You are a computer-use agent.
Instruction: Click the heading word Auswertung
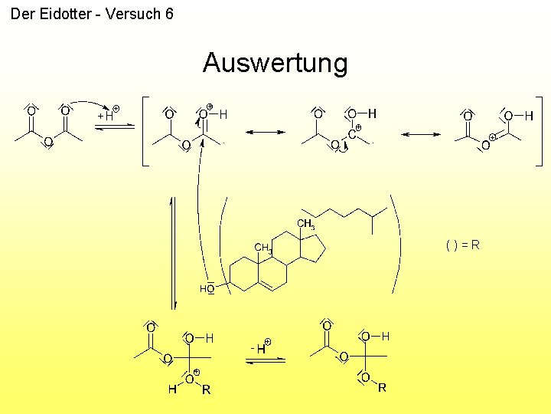[x=275, y=63]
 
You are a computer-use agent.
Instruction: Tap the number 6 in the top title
[x=168, y=14]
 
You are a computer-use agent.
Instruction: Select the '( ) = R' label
[x=463, y=245]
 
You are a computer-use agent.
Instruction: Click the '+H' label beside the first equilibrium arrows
[x=106, y=115]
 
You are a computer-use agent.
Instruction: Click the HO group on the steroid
[x=206, y=289]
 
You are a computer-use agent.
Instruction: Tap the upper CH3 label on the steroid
[x=305, y=225]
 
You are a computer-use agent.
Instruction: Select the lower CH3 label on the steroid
[x=262, y=248]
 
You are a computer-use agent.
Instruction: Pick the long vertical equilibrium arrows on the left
[x=173, y=249]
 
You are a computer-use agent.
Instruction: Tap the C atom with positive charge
[x=351, y=134]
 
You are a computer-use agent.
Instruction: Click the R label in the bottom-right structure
[x=382, y=388]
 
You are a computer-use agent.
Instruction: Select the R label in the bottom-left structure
[x=206, y=389]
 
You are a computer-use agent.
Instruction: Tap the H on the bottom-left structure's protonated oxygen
[x=172, y=389]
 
